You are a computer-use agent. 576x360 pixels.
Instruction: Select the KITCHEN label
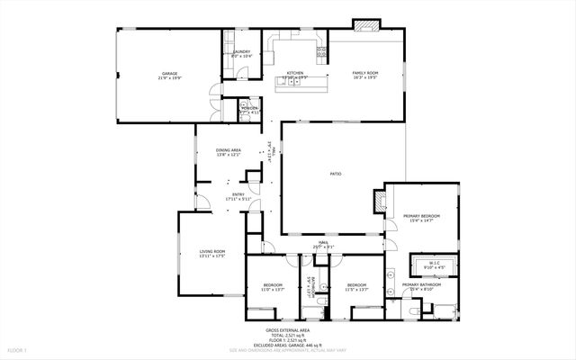295,74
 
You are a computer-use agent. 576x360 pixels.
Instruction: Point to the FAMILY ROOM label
364,74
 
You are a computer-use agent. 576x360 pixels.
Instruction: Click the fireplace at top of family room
365,24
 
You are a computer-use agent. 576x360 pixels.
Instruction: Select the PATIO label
334,174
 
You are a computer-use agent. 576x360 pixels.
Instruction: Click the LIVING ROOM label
211,253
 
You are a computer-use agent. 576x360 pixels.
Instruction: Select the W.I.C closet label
435,264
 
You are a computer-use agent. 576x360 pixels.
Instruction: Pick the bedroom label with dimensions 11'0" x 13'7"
272,287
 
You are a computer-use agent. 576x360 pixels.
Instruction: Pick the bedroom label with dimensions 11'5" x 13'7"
357,287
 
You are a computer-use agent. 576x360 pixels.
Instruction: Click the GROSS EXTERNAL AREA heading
287,331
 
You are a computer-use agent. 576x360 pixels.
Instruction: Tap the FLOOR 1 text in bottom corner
18,349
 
